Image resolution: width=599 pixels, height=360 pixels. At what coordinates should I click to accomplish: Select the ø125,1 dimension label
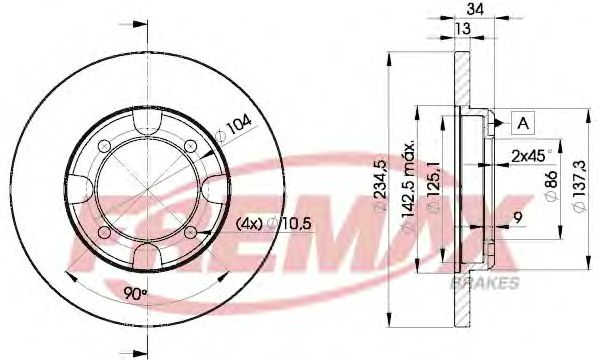coord(432,191)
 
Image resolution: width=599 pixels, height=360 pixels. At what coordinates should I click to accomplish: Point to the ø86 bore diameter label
coord(548,187)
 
